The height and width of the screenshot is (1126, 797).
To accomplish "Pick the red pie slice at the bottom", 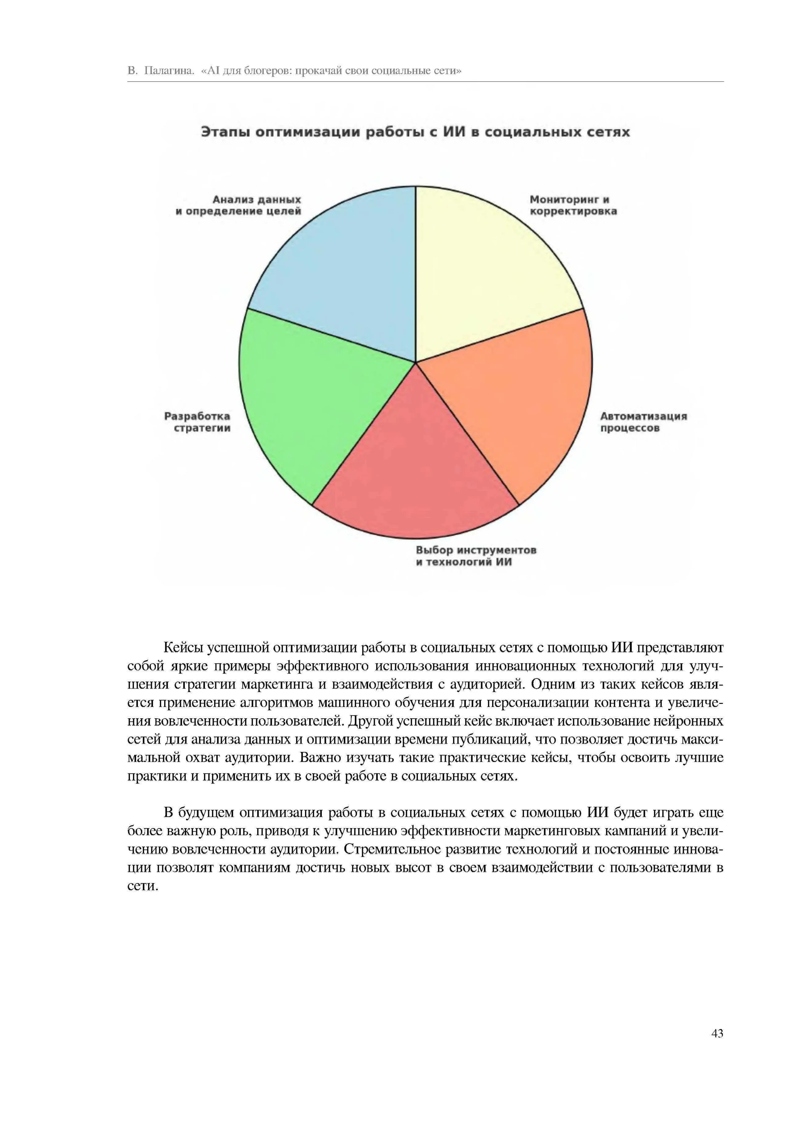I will [x=416, y=471].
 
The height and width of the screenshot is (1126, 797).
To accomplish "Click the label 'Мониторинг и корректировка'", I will [x=573, y=206].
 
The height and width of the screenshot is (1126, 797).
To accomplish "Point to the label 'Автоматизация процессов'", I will [x=643, y=422].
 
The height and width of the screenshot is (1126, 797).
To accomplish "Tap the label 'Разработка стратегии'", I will [x=197, y=422].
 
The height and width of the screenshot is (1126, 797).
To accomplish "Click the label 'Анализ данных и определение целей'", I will [x=239, y=206].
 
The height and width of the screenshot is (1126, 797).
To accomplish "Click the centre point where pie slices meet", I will [x=416, y=363].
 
